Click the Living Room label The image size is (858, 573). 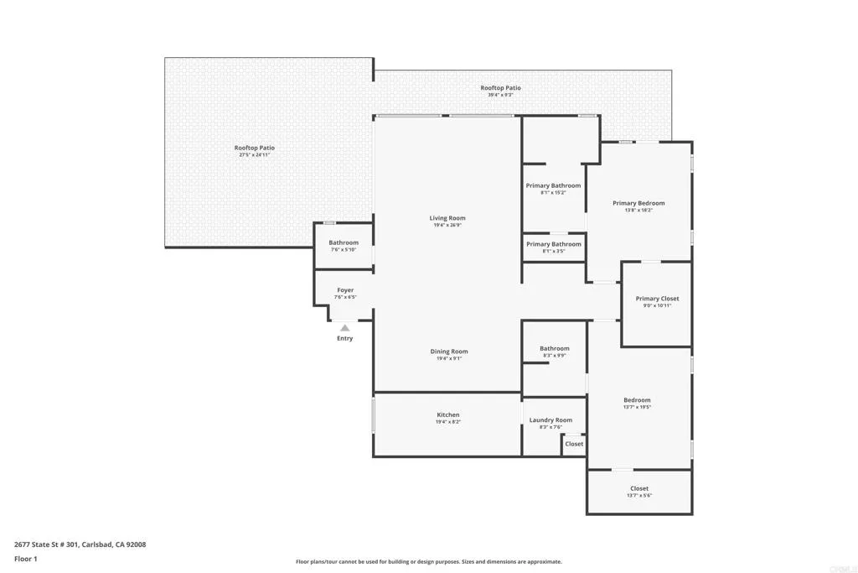447,218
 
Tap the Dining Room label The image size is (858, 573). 449,352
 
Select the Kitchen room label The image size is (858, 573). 448,414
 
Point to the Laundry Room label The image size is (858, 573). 550,420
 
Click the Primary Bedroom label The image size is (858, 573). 638,203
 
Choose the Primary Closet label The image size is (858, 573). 657,299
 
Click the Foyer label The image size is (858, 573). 345,290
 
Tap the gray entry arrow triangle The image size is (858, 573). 344,327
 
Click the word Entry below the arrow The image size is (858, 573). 345,338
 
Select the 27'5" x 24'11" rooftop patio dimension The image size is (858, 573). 255,155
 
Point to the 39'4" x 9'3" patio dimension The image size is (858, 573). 500,95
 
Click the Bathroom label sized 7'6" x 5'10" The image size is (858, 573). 344,242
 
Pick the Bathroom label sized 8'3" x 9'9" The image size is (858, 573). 554,348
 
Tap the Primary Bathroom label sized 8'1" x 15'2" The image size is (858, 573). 553,185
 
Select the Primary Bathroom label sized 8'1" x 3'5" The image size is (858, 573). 553,244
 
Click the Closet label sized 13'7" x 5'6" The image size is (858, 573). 639,488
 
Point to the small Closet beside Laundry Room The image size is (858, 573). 574,444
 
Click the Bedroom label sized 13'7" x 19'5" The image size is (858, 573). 637,400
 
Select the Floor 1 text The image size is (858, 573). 27,558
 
